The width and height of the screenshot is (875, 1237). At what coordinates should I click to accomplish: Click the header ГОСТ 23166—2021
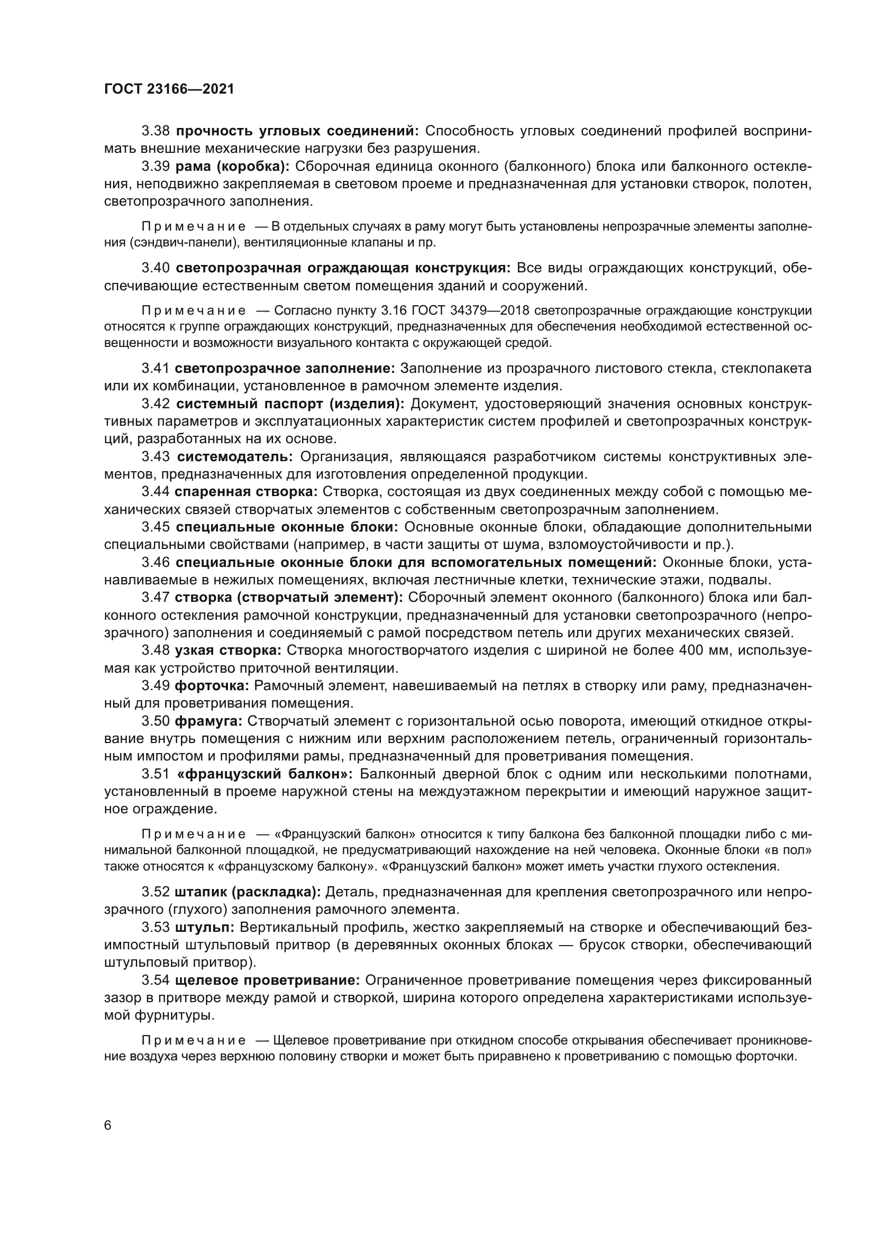pyautogui.click(x=169, y=89)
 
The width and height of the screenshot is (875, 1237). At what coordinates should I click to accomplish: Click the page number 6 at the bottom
pyautogui.click(x=108, y=1125)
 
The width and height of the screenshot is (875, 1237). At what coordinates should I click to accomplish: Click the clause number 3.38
pyautogui.click(x=156, y=131)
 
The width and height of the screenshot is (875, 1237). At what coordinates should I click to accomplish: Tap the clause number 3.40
pyautogui.click(x=156, y=268)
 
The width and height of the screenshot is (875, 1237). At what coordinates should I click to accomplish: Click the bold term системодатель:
pyautogui.click(x=235, y=457)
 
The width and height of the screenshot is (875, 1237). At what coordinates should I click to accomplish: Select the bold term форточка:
pyautogui.click(x=212, y=686)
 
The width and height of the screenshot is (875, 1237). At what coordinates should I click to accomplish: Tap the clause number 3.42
pyautogui.click(x=156, y=404)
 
